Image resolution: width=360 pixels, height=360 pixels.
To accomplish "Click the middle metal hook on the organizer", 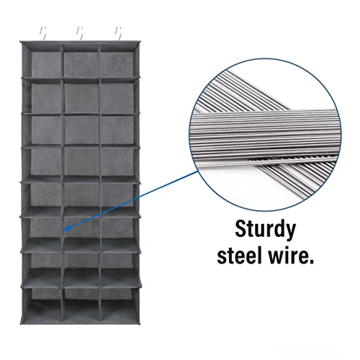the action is click(x=81, y=34).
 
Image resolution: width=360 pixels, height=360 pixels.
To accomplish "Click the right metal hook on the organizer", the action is click(x=120, y=34).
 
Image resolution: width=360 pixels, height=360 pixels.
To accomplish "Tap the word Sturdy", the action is click(x=265, y=230).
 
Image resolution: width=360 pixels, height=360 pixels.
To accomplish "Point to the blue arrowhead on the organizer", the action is click(x=66, y=228).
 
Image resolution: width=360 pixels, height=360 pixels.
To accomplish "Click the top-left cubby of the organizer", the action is click(x=46, y=63).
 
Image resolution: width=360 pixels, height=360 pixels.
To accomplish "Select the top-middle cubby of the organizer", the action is click(x=81, y=63).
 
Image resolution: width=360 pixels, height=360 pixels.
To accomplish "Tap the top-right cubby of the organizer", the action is click(x=117, y=63).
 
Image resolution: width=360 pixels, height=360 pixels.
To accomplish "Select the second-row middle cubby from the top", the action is click(x=81, y=97).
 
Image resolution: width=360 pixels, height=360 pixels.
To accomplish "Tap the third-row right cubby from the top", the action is click(x=117, y=130).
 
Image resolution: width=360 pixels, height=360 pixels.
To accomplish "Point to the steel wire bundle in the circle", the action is click(x=265, y=135).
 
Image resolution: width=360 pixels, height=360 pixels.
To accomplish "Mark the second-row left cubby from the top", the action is click(x=46, y=97).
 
